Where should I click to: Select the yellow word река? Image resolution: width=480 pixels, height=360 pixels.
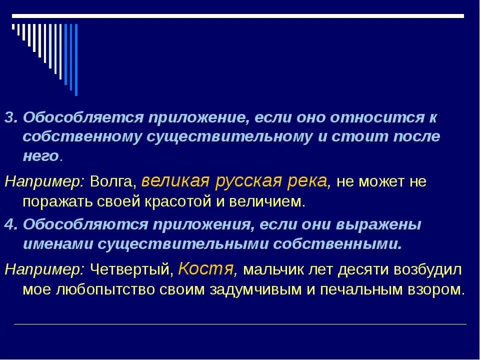point(308,180)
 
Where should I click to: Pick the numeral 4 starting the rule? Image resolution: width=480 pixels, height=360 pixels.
point(9,225)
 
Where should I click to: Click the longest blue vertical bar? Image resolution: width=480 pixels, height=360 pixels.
point(76,59)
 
